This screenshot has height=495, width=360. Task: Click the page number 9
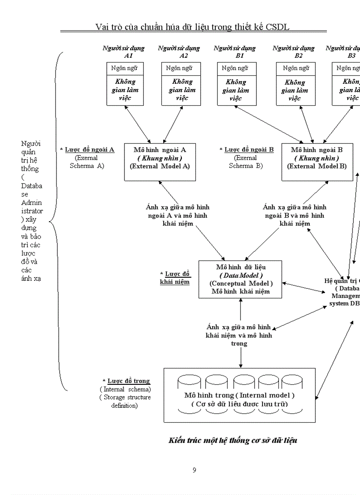[x=194, y=470]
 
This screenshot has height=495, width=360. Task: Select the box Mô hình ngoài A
[x=160, y=161]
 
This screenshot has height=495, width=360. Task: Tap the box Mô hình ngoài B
[x=317, y=161]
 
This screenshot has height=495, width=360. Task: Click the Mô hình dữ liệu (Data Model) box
[x=241, y=279]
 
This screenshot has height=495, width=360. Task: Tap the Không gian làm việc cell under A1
[x=125, y=90]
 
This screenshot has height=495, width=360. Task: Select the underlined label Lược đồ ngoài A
[x=90, y=149]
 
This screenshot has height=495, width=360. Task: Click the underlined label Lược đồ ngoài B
[x=249, y=149]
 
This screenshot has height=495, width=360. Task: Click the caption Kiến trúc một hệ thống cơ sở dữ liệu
[x=233, y=440]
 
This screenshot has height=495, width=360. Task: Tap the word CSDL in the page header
[x=277, y=27]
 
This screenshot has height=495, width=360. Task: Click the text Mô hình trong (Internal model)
[x=239, y=395]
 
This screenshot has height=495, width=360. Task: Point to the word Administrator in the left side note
[x=31, y=207]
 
